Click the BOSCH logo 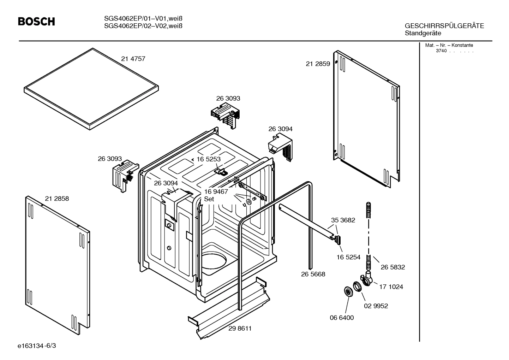pos(36,22)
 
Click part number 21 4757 pos(133,59)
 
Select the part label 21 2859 pos(318,64)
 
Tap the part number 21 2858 pos(57,199)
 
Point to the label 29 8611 pos(240,328)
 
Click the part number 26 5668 pos(313,274)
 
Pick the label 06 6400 pos(342,318)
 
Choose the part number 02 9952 pos(376,306)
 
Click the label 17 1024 pos(391,287)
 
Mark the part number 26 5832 pos(393,267)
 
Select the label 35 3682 pos(343,220)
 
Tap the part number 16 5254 pos(348,257)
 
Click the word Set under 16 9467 pos(209,199)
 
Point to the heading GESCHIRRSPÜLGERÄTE pos(444,26)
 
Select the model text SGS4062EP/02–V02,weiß pos(143,25)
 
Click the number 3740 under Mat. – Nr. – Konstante pos(441,51)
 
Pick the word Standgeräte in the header pos(423,33)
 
